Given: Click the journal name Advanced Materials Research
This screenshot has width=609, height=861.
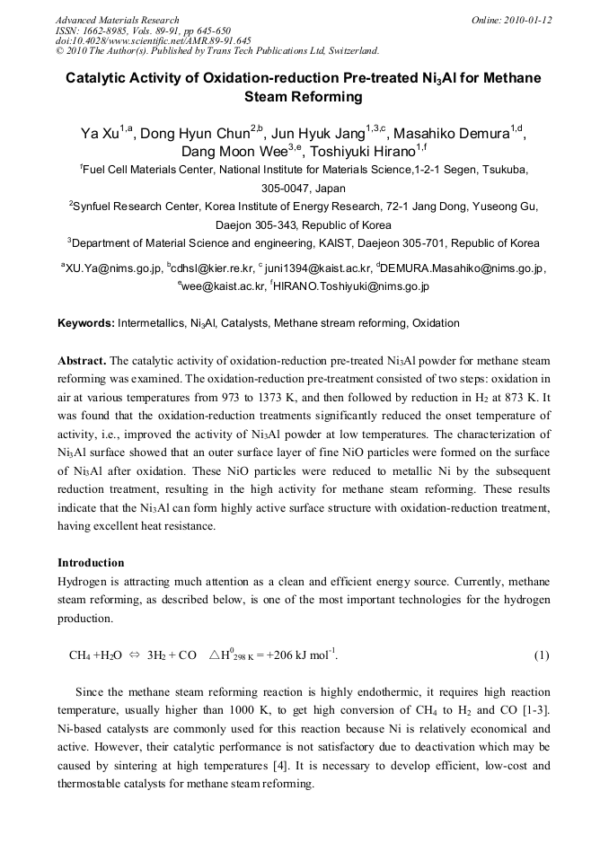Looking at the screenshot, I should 117,20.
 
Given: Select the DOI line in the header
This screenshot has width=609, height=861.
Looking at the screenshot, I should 154,40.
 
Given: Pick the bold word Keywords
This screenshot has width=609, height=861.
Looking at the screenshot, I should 86,323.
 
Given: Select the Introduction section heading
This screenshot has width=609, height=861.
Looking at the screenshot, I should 91,563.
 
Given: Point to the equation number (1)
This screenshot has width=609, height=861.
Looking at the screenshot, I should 541,655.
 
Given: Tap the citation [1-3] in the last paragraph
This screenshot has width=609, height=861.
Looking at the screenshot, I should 534,711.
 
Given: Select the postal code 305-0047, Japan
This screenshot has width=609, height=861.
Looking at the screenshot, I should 304,189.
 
